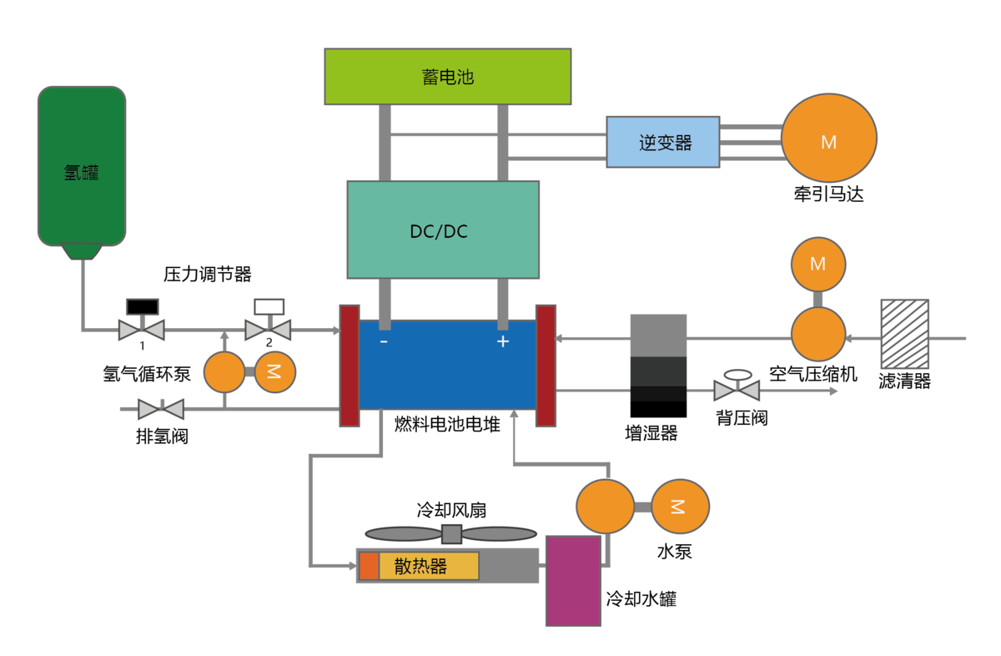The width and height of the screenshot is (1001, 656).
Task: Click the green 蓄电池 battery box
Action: coord(447,77)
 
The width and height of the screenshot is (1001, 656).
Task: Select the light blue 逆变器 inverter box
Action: coord(662,142)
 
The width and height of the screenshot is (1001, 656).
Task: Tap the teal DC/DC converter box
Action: coord(443,230)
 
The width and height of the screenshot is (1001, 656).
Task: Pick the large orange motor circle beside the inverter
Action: coord(828,138)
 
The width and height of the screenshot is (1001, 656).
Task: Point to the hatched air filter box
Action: coord(905,334)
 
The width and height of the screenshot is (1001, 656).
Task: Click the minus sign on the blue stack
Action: coord(384,341)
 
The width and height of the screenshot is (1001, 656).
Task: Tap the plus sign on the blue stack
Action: coord(503,341)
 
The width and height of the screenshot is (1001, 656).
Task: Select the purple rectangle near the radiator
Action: coord(573,581)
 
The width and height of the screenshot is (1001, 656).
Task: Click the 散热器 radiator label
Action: coord(420,566)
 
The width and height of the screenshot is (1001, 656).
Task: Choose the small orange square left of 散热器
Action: coord(369,566)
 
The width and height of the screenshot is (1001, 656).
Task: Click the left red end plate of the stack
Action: coord(350,366)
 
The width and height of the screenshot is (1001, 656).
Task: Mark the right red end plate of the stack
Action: coord(546,366)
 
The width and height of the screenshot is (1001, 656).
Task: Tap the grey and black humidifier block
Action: coord(658,357)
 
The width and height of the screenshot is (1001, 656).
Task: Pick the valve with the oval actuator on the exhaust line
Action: coord(737,390)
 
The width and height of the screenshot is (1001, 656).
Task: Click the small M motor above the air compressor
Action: coord(817,264)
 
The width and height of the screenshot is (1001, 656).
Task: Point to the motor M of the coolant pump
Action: coord(680,507)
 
